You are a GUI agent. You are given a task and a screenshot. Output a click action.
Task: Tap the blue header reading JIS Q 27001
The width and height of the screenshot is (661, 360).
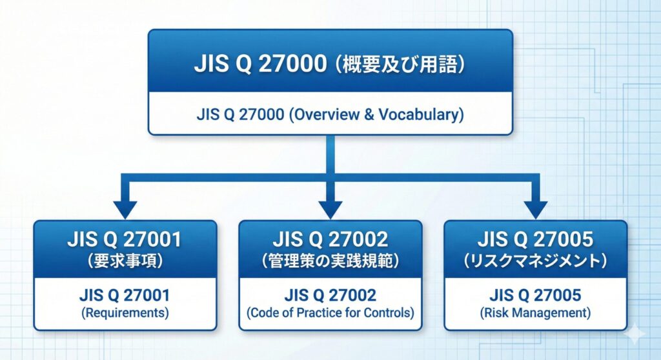pyautogui.click(x=125, y=241)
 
